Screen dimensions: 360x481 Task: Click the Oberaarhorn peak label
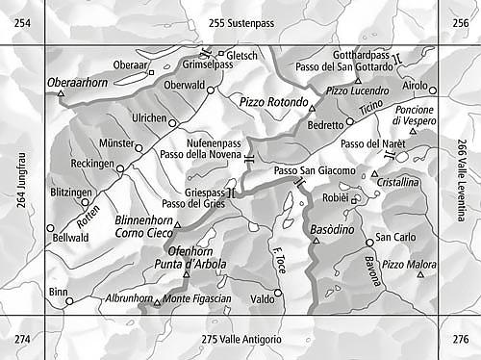77,84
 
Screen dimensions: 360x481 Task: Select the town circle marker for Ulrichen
173,122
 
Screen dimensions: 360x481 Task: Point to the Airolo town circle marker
433,90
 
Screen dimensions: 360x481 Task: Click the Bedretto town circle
350,125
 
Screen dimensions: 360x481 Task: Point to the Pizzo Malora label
409,263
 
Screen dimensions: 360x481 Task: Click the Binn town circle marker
69,301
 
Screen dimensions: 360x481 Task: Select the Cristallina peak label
397,181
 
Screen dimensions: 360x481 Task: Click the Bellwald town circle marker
51,228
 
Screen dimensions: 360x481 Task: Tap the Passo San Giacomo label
315,170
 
